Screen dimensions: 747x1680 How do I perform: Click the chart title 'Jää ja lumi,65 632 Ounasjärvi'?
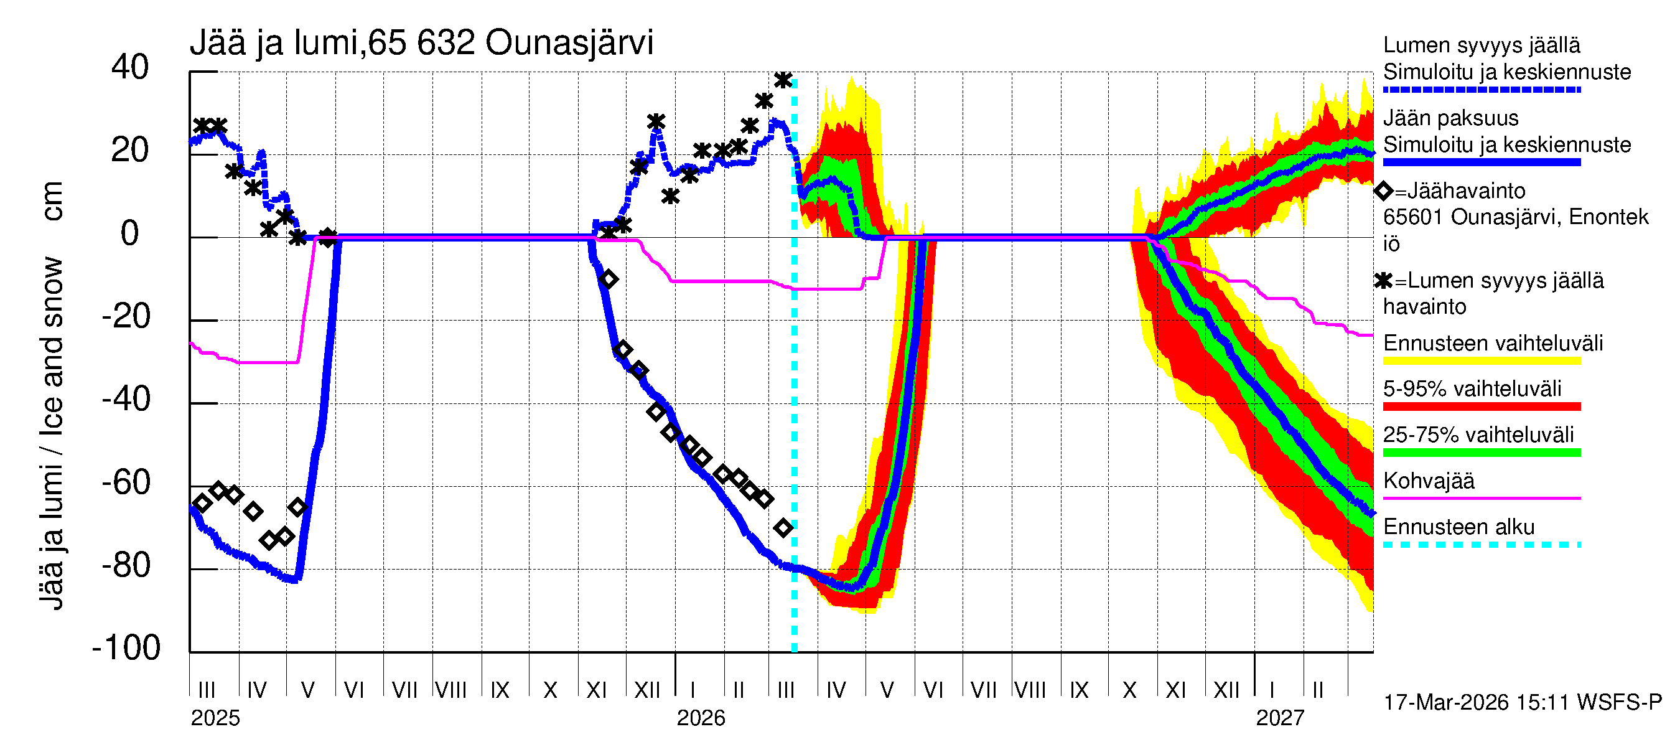pos(421,43)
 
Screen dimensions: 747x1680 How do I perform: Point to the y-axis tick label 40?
pos(130,67)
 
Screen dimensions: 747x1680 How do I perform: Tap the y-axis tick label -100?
pos(126,648)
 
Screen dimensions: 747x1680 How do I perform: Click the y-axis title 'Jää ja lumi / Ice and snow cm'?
pos(52,395)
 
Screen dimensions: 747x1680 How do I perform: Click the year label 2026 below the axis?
pos(701,718)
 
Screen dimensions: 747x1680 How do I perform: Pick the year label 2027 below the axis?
pos(1279,718)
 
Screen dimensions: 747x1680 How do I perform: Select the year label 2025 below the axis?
pos(215,718)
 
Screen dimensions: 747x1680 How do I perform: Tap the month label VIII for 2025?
pos(450,690)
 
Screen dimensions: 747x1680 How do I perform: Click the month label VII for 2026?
pos(983,690)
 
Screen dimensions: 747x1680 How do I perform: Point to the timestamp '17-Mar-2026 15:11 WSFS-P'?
pos(1522,703)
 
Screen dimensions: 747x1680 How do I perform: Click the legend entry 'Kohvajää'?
pos(1428,481)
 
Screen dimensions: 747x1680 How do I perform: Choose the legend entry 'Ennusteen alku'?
pos(1458,527)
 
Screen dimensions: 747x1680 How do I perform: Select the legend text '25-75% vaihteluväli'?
pos(1478,435)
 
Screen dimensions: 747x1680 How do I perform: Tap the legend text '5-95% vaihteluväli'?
pos(1472,389)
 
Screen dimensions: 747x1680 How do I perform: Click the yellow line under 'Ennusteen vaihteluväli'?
pos(1481,361)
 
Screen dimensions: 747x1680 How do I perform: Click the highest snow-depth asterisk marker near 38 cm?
pos(783,80)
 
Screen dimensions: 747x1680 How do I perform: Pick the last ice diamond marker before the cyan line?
pos(783,528)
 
